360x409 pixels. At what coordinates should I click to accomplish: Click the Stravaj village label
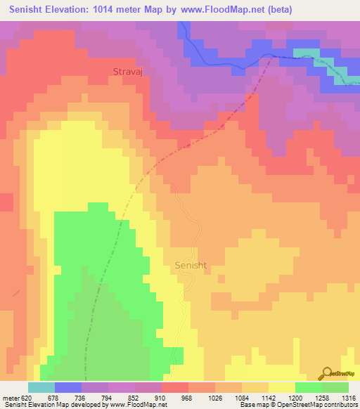[128, 71]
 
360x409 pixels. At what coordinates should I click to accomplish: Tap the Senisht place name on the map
[189, 265]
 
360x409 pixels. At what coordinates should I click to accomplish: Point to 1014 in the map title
[127, 10]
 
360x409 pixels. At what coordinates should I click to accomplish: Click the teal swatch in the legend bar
[41, 387]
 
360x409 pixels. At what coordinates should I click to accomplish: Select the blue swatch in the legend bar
[67, 387]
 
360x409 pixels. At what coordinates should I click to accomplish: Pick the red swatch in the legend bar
[174, 387]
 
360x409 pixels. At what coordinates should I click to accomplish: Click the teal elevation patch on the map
[307, 54]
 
